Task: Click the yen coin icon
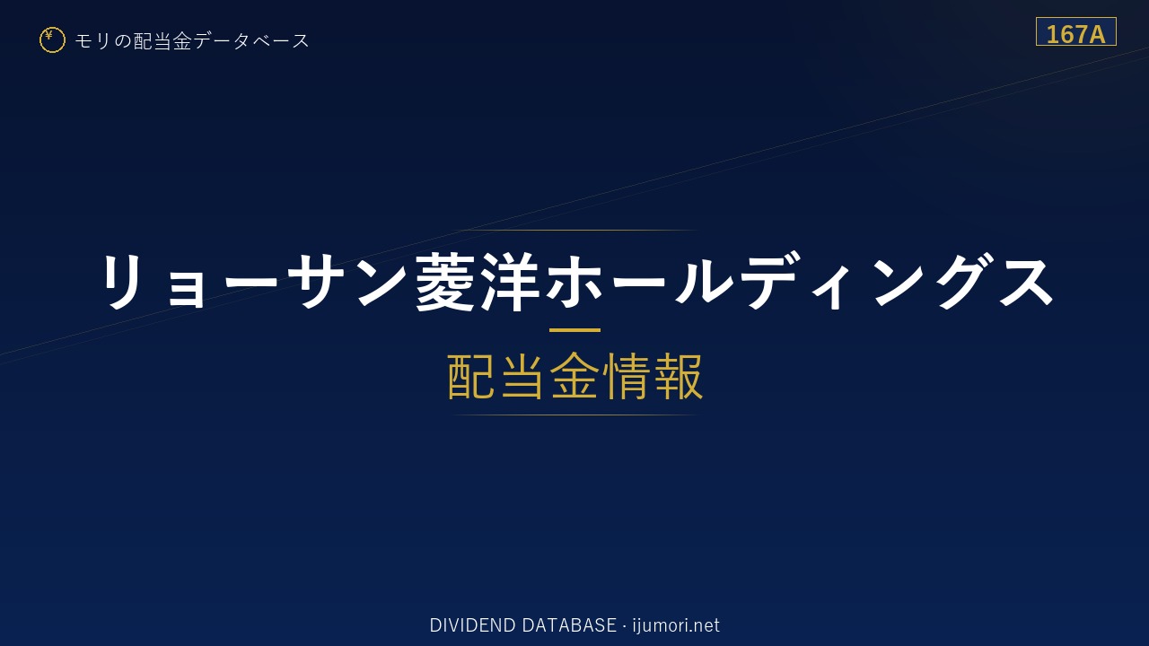pos(52,40)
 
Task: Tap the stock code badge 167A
pos(1075,31)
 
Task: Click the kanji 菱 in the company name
pos(446,282)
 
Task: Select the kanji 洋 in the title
pos(511,282)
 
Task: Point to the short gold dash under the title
pos(574,330)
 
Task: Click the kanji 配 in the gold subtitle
pos(472,376)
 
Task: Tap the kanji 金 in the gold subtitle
pos(575,376)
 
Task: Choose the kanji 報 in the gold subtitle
pos(679,376)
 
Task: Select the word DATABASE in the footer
pos(569,625)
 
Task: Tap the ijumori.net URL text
pos(676,625)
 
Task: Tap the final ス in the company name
pos(1023,282)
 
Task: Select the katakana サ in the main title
pos(317,282)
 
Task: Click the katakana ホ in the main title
pos(574,282)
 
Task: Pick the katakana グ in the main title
pos(960,282)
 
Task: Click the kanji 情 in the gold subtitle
pos(627,376)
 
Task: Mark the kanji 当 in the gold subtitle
pos(523,376)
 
